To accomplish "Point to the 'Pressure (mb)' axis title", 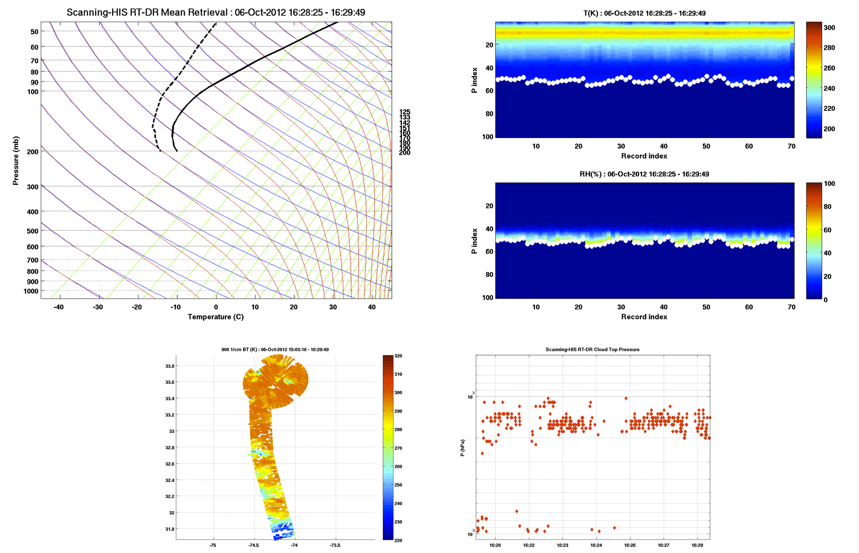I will [16, 161].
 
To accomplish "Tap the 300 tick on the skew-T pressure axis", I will [32, 187].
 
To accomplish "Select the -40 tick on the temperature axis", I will [58, 307].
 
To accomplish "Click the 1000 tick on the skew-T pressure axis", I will [31, 291].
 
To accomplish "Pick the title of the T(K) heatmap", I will [644, 13].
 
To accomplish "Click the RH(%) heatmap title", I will [644, 174].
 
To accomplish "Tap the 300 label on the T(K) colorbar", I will [829, 28].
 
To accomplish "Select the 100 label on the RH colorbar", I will [829, 184].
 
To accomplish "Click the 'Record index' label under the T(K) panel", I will [644, 156].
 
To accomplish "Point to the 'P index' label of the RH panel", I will [475, 241].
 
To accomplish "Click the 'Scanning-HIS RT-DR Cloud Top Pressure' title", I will [592, 350].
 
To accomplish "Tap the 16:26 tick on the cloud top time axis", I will [630, 545].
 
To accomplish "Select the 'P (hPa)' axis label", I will [462, 447].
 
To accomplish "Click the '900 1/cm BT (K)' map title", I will [275, 350].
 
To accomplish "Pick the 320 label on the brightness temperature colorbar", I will [398, 356].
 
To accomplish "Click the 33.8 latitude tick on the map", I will [170, 366].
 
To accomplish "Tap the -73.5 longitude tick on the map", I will [335, 545].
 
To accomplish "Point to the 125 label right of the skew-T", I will [405, 112].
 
